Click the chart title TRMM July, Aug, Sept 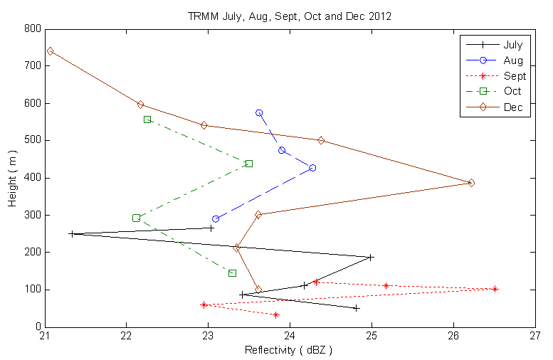289,16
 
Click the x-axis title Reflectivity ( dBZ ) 289,350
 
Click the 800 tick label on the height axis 31,29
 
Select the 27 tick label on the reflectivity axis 534,337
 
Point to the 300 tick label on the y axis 31,215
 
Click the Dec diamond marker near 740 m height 50,51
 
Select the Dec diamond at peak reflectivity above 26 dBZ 471,183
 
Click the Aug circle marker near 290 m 216,219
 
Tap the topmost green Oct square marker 147,120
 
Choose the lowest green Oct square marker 232,273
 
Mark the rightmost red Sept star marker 495,289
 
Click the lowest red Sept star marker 276,314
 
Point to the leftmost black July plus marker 71,233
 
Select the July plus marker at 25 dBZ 371,258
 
